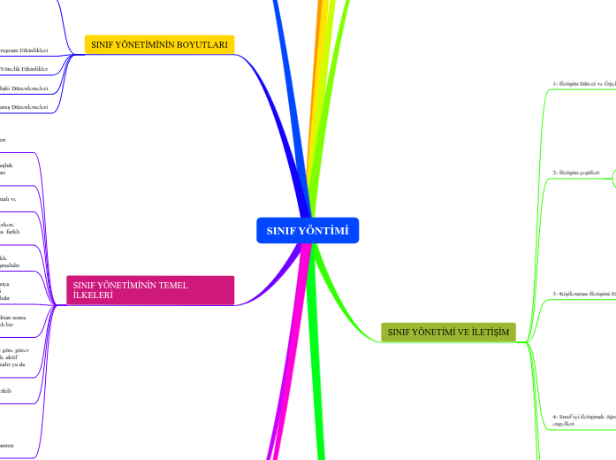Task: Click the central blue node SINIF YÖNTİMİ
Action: point(308,231)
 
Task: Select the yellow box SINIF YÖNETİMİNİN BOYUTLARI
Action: point(159,43)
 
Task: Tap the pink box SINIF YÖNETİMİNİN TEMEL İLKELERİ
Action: point(149,290)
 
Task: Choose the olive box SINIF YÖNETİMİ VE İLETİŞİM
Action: point(448,332)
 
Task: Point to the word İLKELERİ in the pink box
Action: point(93,295)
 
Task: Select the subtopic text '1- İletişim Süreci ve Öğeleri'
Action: point(583,84)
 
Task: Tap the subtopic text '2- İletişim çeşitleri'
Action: point(576,172)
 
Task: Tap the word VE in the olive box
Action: point(459,332)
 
